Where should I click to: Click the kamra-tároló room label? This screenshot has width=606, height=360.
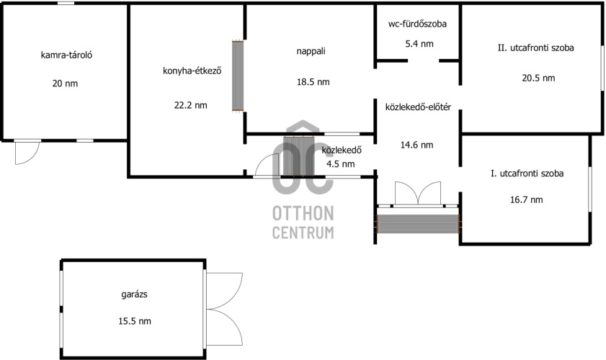click(66, 55)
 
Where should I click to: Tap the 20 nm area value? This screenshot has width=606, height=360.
click(65, 84)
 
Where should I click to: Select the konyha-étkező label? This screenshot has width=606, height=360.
click(192, 71)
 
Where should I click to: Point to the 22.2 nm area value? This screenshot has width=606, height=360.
click(190, 105)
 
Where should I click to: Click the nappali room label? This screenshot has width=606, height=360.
click(311, 51)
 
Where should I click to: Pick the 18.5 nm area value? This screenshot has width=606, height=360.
click(313, 82)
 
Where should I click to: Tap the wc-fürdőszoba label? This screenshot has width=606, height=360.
click(417, 24)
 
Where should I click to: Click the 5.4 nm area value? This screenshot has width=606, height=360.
click(419, 44)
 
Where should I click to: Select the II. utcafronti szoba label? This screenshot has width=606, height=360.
click(535, 48)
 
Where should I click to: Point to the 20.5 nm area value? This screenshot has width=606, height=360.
click(538, 78)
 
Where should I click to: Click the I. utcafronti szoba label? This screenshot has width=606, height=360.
click(527, 174)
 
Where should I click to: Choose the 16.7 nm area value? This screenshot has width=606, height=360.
click(527, 199)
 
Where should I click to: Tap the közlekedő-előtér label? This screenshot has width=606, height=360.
click(418, 107)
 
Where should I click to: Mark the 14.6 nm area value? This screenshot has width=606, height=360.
click(416, 145)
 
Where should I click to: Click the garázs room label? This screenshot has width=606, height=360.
click(135, 294)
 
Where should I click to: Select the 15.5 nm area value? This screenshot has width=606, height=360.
click(135, 321)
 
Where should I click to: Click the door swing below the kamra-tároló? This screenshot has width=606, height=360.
click(27, 153)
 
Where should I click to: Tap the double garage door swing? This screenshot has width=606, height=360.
click(225, 309)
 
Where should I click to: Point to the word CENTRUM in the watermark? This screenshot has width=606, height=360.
click(303, 233)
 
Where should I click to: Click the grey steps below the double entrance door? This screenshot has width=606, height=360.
click(418, 224)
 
